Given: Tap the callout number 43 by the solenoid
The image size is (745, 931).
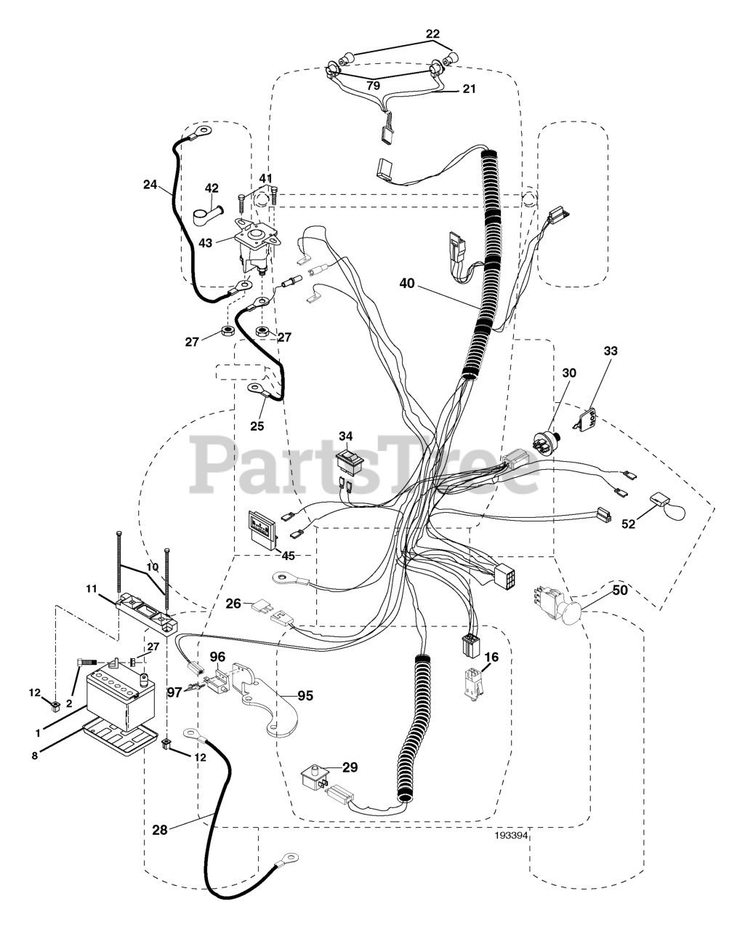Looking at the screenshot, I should pos(206,243).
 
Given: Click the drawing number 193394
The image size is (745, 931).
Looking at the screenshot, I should pos(510,836).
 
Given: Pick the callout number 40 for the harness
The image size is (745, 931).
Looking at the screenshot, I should pos(407,284).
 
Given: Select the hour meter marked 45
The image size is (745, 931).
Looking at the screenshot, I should pos(265,527).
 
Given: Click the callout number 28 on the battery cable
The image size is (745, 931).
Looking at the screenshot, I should pos(161,828).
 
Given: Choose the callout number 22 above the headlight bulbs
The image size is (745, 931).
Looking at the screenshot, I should pos(432,33).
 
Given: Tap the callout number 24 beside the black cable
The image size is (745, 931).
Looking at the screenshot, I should pos(150,185).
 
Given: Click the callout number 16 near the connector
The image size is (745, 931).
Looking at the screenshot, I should pos(492,657).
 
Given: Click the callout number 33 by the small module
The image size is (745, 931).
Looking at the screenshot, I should pos(611,351).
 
